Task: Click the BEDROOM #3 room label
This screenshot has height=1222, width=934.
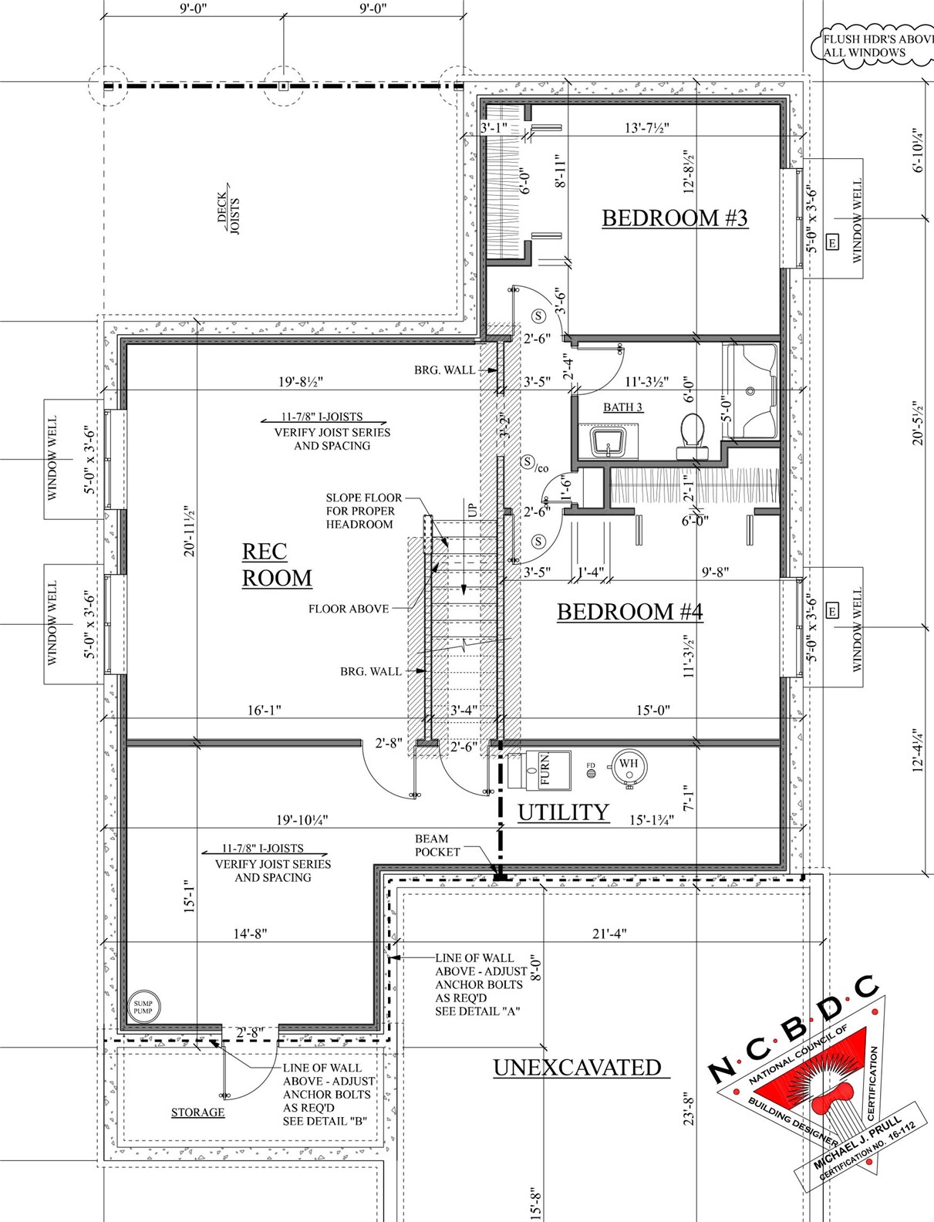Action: coord(674,218)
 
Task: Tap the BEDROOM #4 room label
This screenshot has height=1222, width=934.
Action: coord(629,612)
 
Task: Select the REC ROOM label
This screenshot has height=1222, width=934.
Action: coord(276,565)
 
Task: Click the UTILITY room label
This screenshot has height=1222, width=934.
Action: coord(563,812)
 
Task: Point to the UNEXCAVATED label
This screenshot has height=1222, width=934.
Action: coord(577,1068)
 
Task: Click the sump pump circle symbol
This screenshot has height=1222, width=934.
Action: coord(143,1007)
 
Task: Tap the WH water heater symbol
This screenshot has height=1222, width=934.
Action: coord(629,765)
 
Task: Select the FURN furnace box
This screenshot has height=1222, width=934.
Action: coord(539,769)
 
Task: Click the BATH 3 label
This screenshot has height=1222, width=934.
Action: coord(623,407)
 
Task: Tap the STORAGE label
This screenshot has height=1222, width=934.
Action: coord(197,1112)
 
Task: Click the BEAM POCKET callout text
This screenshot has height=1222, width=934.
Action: coord(437,846)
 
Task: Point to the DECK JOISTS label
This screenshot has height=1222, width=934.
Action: coord(228,214)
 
